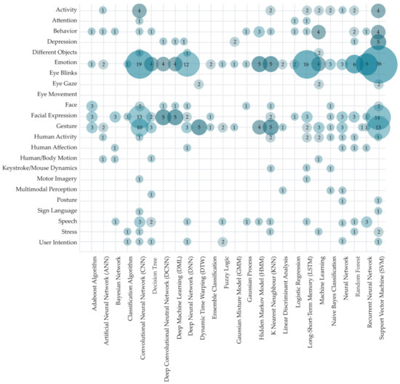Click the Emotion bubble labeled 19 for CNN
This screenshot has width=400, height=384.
pos(139,64)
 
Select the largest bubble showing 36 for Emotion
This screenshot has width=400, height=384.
pos(378,64)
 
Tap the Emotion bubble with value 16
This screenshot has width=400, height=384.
pos(306,64)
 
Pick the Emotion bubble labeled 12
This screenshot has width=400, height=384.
pos(187,64)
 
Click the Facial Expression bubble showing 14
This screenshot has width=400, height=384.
pos(378,117)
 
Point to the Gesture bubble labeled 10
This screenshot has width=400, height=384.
pos(139,128)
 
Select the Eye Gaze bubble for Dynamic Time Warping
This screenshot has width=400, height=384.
pos(199,85)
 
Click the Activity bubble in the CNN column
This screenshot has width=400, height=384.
pos(139,10)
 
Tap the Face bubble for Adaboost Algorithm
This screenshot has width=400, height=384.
pos(91,106)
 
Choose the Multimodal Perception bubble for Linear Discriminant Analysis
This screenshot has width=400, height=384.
pos(282,190)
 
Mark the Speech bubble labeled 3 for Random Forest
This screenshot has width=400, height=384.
pos(367,222)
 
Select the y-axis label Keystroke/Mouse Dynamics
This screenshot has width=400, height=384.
pos(41,169)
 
